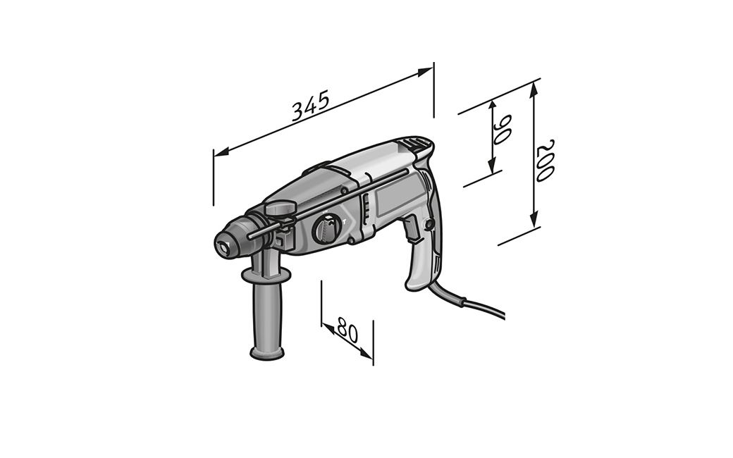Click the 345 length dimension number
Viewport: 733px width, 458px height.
[x=311, y=105]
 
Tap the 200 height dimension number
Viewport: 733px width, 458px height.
[x=545, y=160]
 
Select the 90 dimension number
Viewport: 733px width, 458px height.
[x=502, y=129]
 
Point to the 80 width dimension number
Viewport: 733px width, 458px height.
[x=347, y=330]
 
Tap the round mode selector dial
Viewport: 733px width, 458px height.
[x=327, y=228]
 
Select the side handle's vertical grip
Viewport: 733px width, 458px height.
[x=267, y=316]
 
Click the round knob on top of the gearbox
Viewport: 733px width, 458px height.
[x=281, y=207]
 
